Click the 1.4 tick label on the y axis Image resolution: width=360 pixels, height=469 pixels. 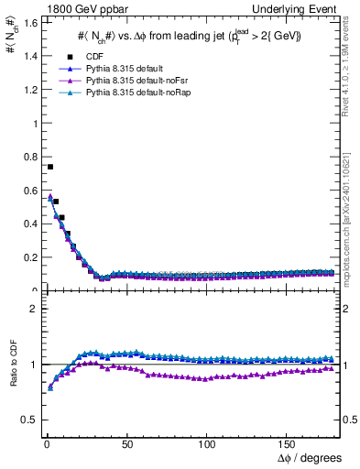point(29,57)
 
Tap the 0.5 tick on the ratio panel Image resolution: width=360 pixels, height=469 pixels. point(29,420)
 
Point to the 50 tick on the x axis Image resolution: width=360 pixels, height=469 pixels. point(127,442)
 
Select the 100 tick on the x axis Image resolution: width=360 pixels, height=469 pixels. point(207,442)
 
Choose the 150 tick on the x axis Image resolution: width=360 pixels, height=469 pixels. point(287,442)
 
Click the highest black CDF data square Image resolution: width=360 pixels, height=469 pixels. point(50,167)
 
